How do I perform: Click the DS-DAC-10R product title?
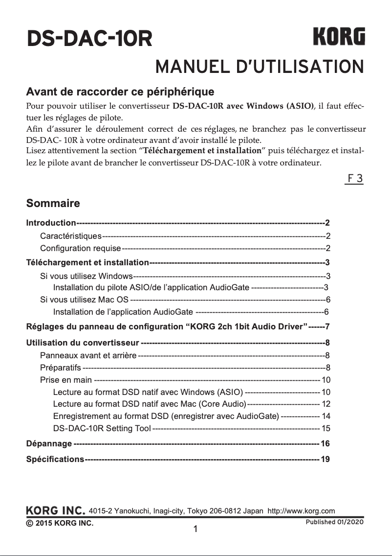[89, 39]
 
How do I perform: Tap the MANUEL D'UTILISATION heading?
[259, 67]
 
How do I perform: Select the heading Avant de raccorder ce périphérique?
[120, 92]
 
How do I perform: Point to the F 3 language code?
[354, 178]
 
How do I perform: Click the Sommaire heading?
[53, 203]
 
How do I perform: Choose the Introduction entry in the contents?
[51, 223]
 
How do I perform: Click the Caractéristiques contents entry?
[71, 236]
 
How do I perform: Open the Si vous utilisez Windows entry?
[87, 276]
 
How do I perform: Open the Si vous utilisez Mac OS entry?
[85, 300]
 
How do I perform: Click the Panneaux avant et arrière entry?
[88, 355]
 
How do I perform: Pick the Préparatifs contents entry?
[61, 368]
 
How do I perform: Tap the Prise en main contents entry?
[66, 380]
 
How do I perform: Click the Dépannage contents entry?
[49, 444]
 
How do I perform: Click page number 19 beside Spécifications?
[325, 460]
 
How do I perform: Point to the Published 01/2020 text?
[334, 522]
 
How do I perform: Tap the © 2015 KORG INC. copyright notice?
[60, 523]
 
